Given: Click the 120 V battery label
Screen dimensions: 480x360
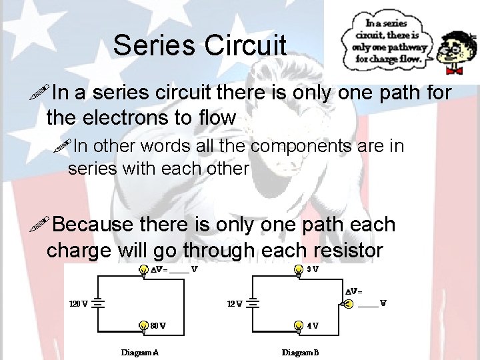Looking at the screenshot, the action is [78, 303].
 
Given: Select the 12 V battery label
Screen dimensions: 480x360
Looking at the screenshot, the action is [235, 303].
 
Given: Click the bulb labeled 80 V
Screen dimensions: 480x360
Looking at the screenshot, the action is [143, 326].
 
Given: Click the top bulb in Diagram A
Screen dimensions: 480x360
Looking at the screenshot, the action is [143, 270].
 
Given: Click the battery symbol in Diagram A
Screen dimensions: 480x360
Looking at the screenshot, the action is [97, 303].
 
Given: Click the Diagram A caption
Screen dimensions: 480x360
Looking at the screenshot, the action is [140, 351].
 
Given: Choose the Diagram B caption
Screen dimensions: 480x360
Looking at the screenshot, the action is [300, 351].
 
